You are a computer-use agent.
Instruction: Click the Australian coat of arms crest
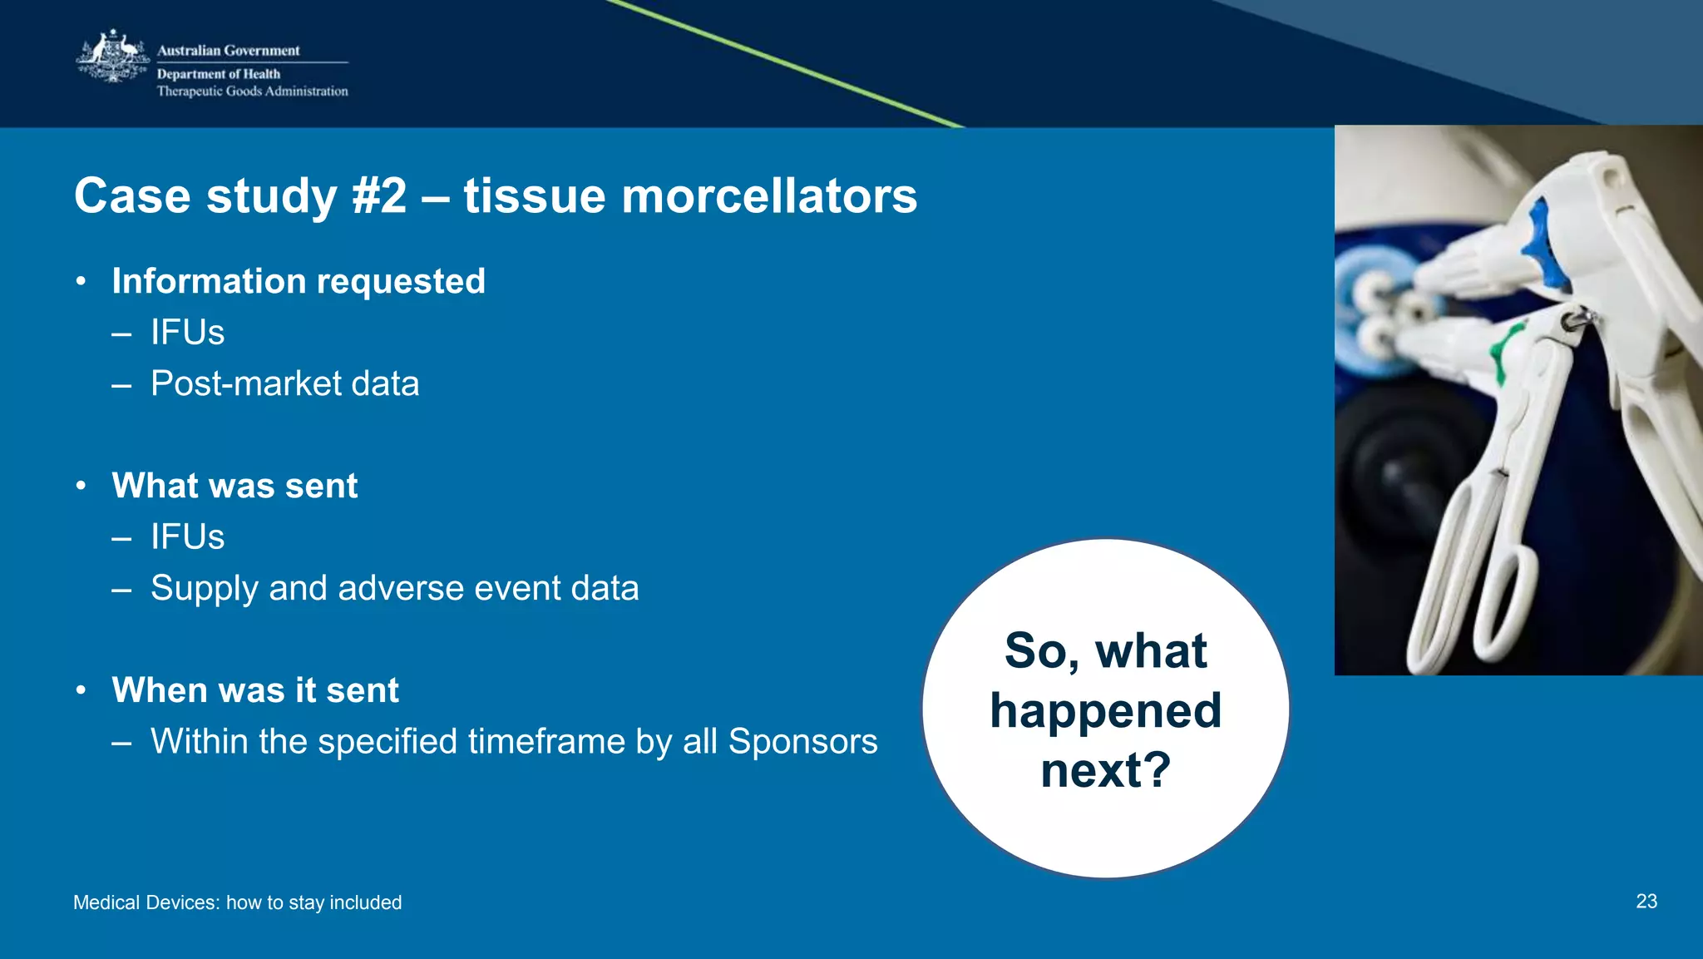pyautogui.click(x=113, y=57)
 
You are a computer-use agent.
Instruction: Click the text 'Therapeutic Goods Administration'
pyautogui.click(x=252, y=91)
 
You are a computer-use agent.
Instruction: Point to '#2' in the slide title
pyautogui.click(x=379, y=196)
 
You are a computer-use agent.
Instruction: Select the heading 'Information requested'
pyautogui.click(x=299, y=281)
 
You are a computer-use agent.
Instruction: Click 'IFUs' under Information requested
pyautogui.click(x=187, y=333)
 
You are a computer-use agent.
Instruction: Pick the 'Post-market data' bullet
pyautogui.click(x=284, y=384)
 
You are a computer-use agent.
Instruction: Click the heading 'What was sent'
pyautogui.click(x=234, y=486)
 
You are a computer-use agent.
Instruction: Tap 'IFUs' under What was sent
pyautogui.click(x=187, y=537)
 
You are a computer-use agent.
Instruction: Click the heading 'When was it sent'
pyautogui.click(x=255, y=690)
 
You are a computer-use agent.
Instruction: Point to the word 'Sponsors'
pyautogui.click(x=802, y=741)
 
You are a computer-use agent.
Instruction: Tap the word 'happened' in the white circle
pyautogui.click(x=1105, y=711)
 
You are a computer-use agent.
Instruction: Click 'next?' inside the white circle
pyautogui.click(x=1105, y=770)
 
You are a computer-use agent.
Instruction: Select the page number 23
pyautogui.click(x=1646, y=902)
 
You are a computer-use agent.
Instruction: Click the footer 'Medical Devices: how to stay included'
pyautogui.click(x=237, y=902)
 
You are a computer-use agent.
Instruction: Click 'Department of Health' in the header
pyautogui.click(x=219, y=74)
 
